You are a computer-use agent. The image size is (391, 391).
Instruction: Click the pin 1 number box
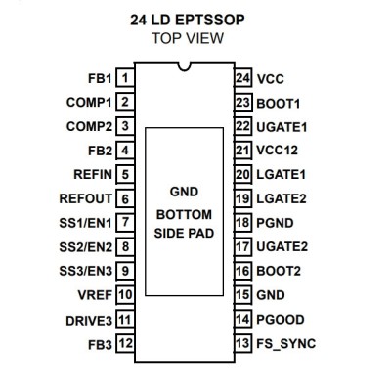click(x=125, y=78)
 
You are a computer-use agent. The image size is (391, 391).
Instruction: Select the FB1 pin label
click(x=100, y=78)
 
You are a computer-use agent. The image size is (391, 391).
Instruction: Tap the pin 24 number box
click(x=243, y=78)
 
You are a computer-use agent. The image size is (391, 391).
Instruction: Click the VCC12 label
click(x=278, y=151)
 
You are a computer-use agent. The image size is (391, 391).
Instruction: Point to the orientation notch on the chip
click(x=184, y=66)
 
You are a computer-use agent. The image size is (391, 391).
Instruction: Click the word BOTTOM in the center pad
click(x=184, y=215)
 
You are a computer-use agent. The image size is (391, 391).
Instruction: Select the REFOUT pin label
click(x=86, y=198)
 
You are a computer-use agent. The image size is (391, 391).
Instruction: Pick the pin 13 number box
click(x=243, y=343)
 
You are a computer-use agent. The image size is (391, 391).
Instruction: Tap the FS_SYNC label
click(x=286, y=344)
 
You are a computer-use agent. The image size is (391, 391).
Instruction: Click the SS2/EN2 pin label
click(x=86, y=247)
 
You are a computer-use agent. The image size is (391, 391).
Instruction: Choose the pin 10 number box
click(x=125, y=295)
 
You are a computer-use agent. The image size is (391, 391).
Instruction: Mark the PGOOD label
click(x=281, y=320)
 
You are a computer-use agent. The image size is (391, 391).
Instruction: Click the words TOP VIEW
click(x=188, y=38)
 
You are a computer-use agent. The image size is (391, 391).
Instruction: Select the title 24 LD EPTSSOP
click(x=188, y=20)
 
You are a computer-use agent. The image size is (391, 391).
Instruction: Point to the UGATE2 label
click(x=282, y=246)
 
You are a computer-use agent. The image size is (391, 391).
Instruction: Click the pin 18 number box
click(x=243, y=223)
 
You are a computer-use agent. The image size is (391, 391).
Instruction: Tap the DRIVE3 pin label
click(x=89, y=321)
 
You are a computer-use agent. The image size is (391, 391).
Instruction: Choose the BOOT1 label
click(x=279, y=104)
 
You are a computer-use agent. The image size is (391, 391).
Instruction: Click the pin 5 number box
click(x=125, y=174)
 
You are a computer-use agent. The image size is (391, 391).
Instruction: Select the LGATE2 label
click(x=282, y=198)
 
